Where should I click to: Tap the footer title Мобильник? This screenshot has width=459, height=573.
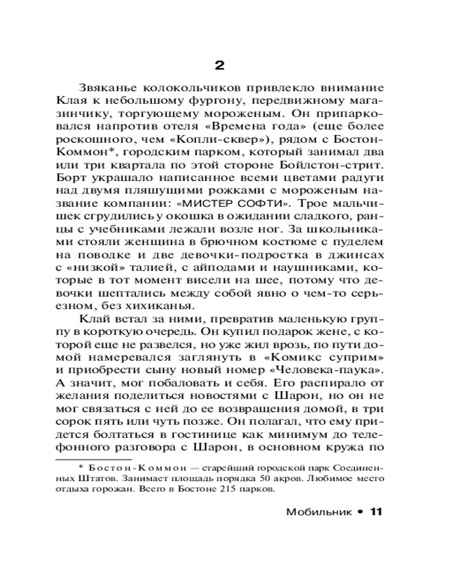(x=316, y=511)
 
